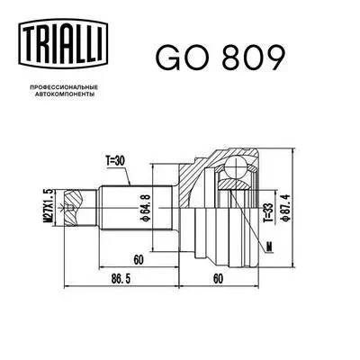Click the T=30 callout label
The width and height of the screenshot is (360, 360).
pyautogui.click(x=117, y=162)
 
